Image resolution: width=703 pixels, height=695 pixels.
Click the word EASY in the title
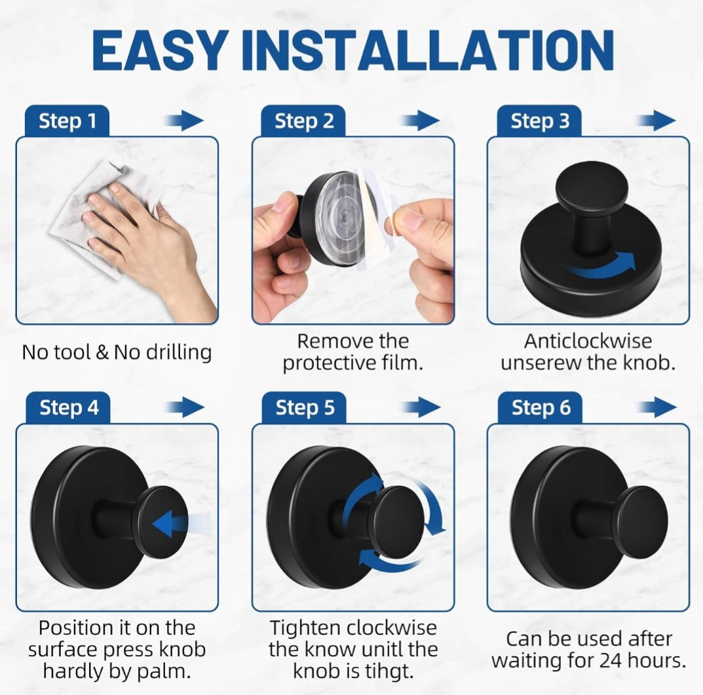click(x=159, y=50)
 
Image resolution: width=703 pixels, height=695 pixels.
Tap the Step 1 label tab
click(x=67, y=121)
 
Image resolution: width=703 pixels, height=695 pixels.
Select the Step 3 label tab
click(x=539, y=121)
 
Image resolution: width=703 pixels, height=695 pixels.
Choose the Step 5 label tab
click(x=305, y=408)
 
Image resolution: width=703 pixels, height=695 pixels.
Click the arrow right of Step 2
click(x=420, y=121)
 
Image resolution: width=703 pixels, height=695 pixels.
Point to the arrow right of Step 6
click(x=656, y=407)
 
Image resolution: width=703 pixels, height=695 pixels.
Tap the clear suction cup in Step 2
click(x=343, y=220)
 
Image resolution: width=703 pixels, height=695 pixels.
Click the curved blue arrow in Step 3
click(x=601, y=268)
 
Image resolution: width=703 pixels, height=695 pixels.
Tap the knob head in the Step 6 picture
click(x=643, y=523)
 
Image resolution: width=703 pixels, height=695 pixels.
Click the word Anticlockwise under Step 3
click(x=588, y=341)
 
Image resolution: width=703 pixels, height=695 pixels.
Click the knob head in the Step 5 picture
click(x=398, y=523)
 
